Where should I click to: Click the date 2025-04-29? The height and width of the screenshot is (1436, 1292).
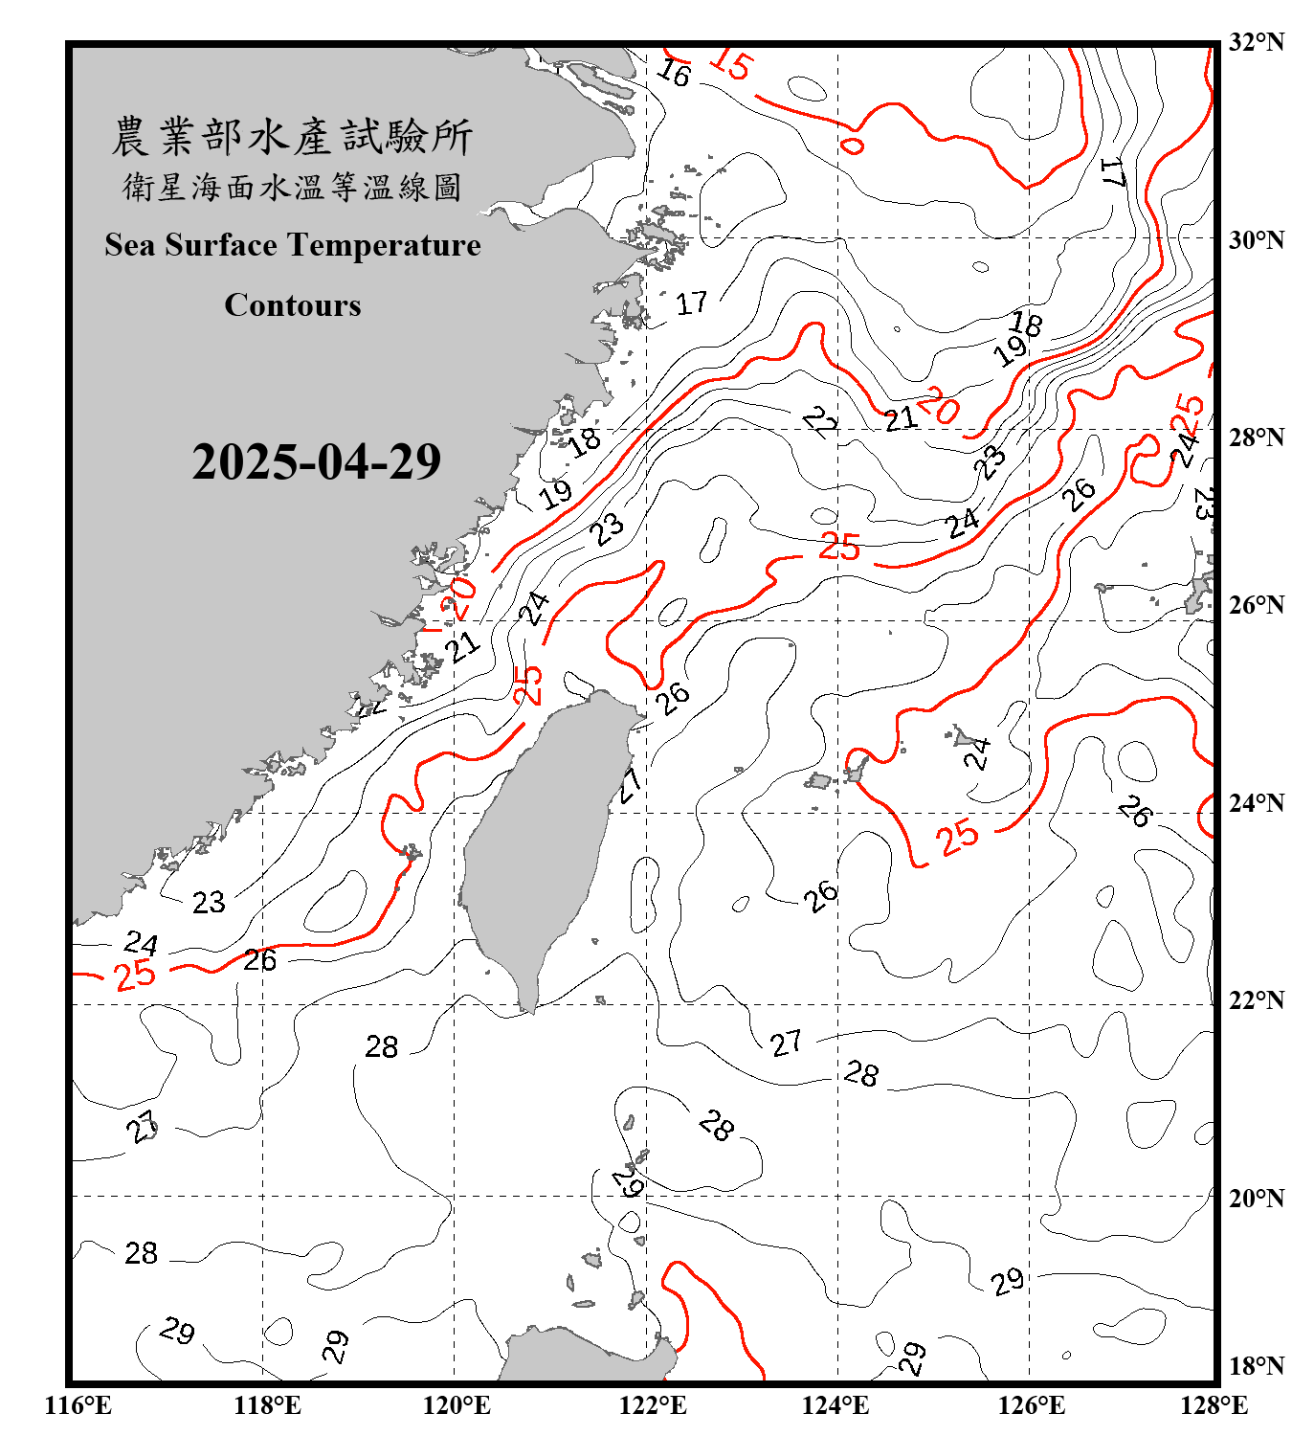tap(316, 461)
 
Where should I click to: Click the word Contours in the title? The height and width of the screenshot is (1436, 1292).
tap(293, 305)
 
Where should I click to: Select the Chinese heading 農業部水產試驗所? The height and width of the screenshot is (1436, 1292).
tap(292, 136)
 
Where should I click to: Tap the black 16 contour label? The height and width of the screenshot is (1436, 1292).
tap(674, 73)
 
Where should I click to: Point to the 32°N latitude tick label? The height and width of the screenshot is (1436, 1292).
tap(1256, 42)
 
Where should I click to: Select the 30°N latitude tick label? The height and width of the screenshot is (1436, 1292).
tap(1256, 240)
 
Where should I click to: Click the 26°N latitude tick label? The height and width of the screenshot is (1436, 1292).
tap(1256, 605)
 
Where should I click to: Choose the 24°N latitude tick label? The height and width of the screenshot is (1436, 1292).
tap(1256, 802)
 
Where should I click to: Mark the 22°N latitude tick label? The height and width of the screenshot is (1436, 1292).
tap(1256, 1000)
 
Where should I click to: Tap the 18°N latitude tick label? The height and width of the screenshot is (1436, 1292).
tap(1256, 1366)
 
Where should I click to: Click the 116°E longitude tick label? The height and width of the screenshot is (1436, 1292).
tap(78, 1405)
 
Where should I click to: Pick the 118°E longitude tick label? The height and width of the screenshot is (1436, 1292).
tap(267, 1405)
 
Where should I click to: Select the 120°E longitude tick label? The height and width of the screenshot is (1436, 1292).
tap(457, 1405)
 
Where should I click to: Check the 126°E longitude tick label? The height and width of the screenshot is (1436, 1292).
tap(1032, 1405)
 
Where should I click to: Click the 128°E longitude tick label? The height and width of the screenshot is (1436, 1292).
tap(1214, 1405)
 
